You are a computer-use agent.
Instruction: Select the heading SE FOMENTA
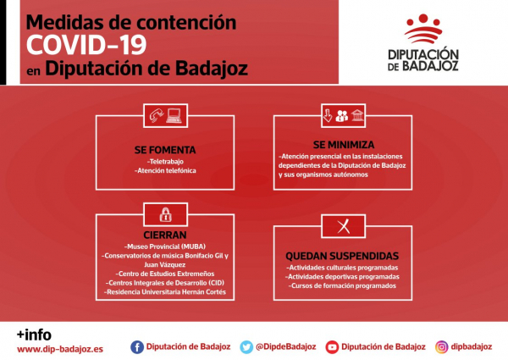pos(165,150)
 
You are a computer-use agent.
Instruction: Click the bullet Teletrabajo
pos(165,160)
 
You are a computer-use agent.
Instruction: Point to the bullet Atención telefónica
pos(165,170)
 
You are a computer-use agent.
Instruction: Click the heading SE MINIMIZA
pos(344,144)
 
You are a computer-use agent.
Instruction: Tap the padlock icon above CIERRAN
pos(165,213)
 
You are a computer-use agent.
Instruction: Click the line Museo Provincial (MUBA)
pos(165,246)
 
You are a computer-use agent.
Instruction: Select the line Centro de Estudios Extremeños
pos(165,274)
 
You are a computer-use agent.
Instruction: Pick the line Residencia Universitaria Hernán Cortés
pos(165,292)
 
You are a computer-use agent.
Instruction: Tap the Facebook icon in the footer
pos(137,346)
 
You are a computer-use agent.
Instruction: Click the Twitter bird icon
pos(246,346)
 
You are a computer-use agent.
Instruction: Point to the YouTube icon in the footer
pos(332,346)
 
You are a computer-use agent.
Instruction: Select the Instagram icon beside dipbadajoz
pos(441,346)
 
